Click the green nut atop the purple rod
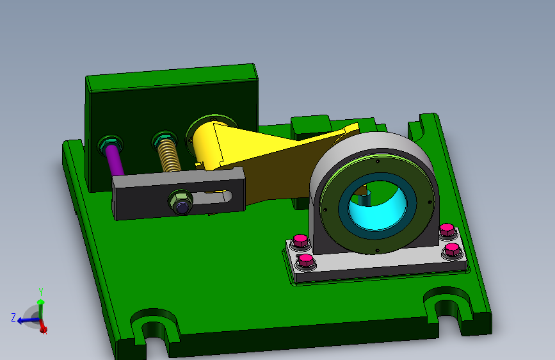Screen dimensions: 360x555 coord(108,142)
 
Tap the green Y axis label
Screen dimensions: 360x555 coord(40,291)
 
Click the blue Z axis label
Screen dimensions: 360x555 coord(13,317)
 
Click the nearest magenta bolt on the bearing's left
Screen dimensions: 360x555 coord(306,260)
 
